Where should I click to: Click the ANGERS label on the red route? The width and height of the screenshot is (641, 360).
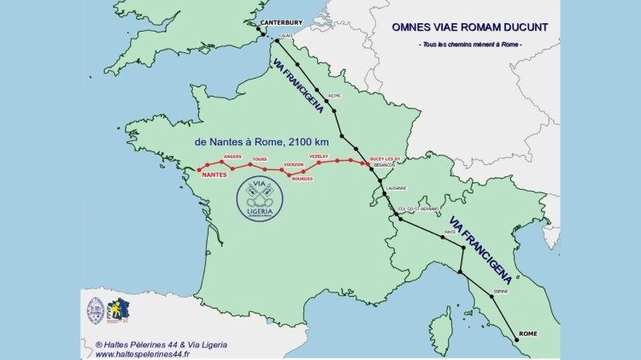tap(232, 157)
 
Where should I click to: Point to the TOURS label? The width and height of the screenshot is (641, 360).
tap(260, 159)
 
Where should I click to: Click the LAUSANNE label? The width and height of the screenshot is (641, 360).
tap(395, 188)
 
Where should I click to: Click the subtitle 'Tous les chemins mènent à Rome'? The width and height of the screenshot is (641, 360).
tap(468, 44)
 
